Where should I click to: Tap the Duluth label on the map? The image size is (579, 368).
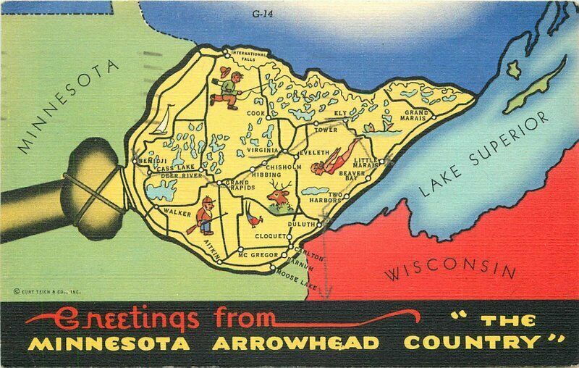(301, 225)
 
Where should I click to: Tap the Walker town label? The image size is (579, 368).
(177, 212)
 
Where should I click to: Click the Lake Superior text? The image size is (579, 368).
(486, 156)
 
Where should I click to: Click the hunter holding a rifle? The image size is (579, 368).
(206, 216)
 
